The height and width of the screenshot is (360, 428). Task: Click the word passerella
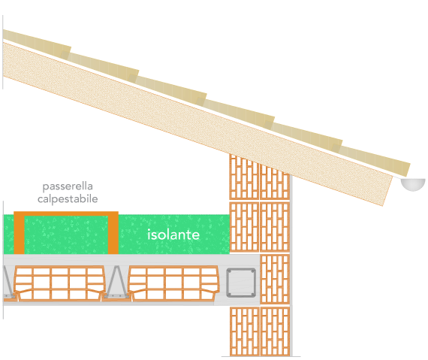click(x=68, y=187)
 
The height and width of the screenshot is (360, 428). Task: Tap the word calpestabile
click(x=68, y=199)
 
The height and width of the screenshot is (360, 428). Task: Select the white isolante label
click(x=173, y=234)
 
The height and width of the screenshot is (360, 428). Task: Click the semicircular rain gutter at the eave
click(x=413, y=184)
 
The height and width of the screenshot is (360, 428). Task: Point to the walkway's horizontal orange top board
click(x=66, y=213)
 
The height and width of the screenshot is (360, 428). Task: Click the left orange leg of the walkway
click(x=19, y=233)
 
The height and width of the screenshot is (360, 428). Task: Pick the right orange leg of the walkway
click(x=113, y=233)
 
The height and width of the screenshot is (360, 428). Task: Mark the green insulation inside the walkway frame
click(x=66, y=235)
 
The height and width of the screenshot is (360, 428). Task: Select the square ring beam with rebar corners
click(x=241, y=283)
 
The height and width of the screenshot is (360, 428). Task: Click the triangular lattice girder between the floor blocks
click(x=116, y=282)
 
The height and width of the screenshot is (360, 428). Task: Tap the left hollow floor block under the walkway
click(x=59, y=283)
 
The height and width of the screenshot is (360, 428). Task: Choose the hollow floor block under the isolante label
click(x=174, y=283)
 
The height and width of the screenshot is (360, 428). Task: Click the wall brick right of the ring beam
click(x=275, y=279)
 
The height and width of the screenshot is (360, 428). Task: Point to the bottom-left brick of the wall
click(x=245, y=331)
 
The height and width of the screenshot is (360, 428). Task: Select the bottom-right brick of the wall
click(x=275, y=331)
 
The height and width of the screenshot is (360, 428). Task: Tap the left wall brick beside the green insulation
click(x=244, y=227)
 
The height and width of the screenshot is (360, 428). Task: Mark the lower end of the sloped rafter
click(x=387, y=191)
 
